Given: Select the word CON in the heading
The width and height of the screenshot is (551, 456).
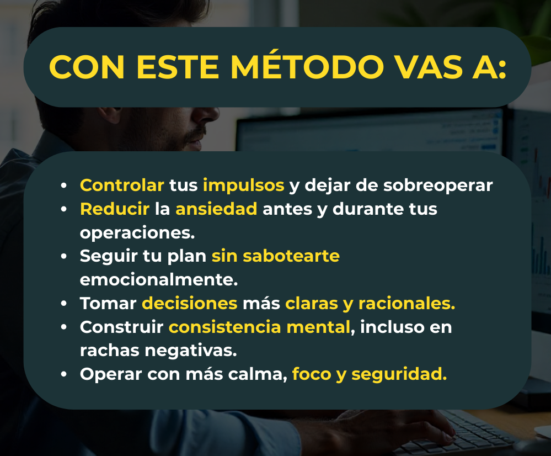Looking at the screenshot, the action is pyautogui.click(x=87, y=67).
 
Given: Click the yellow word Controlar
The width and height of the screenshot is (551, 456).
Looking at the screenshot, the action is pyautogui.click(x=122, y=185).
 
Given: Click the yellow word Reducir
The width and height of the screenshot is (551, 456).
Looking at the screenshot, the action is pyautogui.click(x=115, y=209).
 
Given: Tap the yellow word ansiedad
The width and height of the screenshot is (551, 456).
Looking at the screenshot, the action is pyautogui.click(x=216, y=209).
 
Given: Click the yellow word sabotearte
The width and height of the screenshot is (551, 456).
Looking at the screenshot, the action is pyautogui.click(x=291, y=256).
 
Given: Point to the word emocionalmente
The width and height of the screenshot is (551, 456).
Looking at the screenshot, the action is pyautogui.click(x=159, y=279).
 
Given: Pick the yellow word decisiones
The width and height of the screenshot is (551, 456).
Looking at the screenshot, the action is pyautogui.click(x=190, y=303).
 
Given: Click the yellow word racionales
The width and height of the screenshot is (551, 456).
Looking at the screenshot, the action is pyautogui.click(x=406, y=303).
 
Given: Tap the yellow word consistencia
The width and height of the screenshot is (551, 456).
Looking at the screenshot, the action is pyautogui.click(x=225, y=327).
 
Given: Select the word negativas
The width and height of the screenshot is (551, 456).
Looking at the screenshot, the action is pyautogui.click(x=191, y=351).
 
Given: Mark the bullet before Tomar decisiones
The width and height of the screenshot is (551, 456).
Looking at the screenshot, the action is pyautogui.click(x=63, y=303).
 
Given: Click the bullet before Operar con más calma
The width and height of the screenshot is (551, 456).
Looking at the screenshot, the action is pyautogui.click(x=63, y=374).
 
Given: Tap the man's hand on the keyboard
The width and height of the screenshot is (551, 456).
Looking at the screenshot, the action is pyautogui.click(x=379, y=430).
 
